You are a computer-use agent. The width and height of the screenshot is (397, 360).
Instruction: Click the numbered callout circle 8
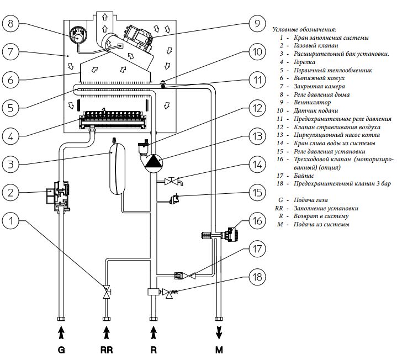[x=10, y=24]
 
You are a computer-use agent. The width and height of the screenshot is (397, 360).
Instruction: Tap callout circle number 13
[x=257, y=136]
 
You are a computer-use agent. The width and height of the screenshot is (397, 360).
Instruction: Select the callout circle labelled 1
[x=10, y=221]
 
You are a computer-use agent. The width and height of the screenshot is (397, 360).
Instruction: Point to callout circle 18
[x=257, y=277]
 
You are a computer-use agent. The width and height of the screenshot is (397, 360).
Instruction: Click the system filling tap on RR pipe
[x=107, y=292]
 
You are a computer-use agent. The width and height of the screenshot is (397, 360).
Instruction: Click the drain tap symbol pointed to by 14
[x=173, y=181]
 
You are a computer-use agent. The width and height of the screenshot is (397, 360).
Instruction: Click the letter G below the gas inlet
[x=61, y=350]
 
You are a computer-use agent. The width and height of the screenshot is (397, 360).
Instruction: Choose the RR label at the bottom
[x=107, y=350]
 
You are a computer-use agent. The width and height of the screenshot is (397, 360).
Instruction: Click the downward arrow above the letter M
[x=219, y=332]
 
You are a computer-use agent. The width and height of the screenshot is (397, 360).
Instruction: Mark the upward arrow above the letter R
[x=153, y=332]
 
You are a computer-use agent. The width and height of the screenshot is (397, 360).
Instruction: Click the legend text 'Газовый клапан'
[x=316, y=46]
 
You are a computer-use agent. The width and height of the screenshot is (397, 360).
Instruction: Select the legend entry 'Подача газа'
[x=310, y=200]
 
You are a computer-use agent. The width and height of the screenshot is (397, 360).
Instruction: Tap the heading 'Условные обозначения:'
[x=304, y=29]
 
